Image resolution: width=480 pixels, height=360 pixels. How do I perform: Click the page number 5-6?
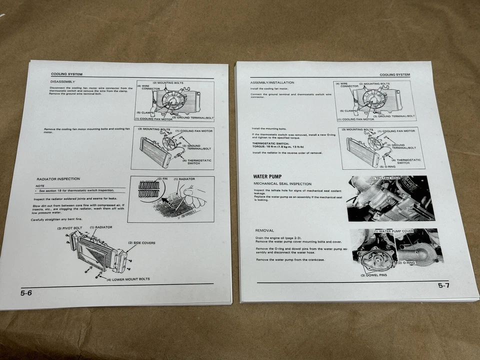pyautogui.click(x=26, y=293)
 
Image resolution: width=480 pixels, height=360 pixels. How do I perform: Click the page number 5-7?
pyautogui.click(x=443, y=285)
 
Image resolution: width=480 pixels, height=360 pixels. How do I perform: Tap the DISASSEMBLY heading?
pyautogui.click(x=62, y=81)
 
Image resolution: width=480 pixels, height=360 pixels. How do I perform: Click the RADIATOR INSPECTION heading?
pyautogui.click(x=58, y=178)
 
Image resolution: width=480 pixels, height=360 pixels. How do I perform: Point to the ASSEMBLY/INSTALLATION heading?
pyautogui.click(x=272, y=82)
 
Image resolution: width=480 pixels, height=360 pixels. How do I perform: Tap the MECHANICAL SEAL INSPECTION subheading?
pyautogui.click(x=282, y=183)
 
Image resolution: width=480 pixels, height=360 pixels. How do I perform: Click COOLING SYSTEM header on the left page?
pyautogui.click(x=67, y=74)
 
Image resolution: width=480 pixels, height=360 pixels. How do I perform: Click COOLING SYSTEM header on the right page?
pyautogui.click(x=394, y=74)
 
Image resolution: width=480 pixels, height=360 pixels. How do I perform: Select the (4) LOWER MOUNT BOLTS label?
pyautogui.click(x=128, y=278)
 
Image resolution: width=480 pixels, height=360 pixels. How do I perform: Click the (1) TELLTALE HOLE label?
pyautogui.click(x=386, y=178)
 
